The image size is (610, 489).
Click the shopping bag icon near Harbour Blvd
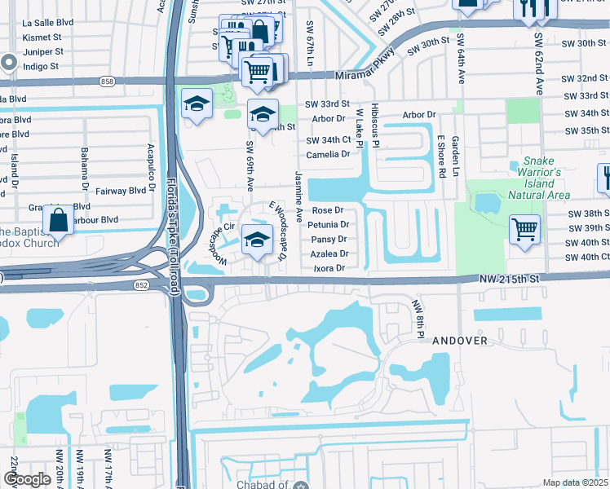(x=59, y=220)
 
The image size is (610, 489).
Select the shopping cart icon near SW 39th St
(x=524, y=228)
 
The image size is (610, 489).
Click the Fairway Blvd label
(x=121, y=191)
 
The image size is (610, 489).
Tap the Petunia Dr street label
(x=330, y=224)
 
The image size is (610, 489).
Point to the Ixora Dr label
(x=329, y=268)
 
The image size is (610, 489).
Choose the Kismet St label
(x=43, y=38)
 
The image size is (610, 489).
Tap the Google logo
(x=27, y=479)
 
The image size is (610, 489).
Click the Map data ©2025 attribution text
(x=574, y=482)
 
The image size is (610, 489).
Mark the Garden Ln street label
(x=457, y=156)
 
